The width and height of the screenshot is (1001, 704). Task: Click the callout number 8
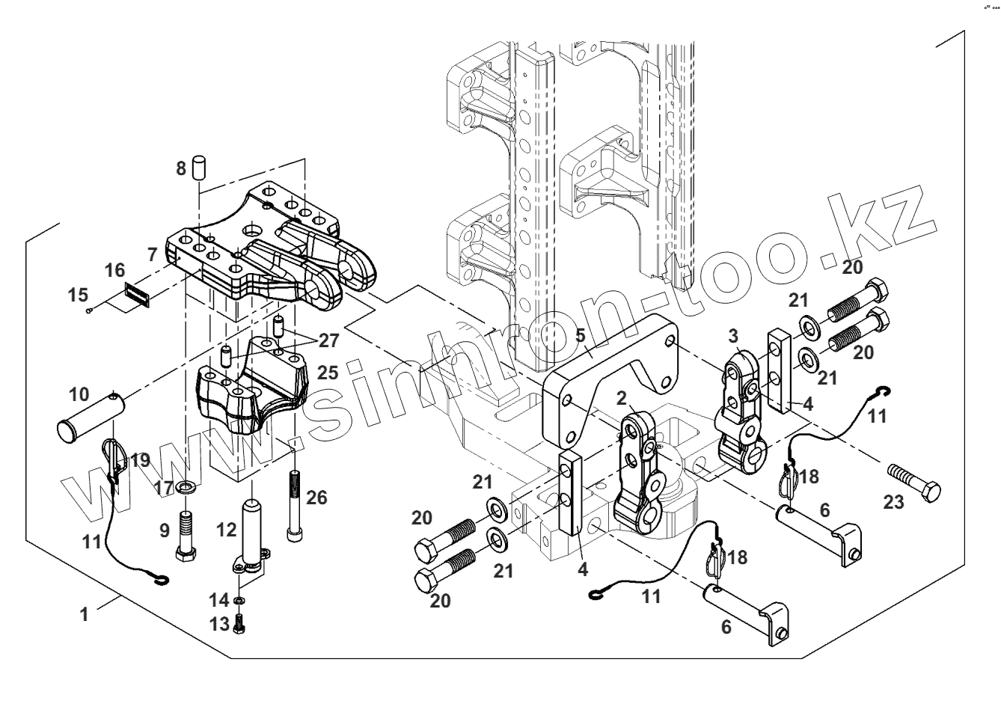tap(181, 168)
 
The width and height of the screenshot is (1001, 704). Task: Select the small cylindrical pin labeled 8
tap(199, 166)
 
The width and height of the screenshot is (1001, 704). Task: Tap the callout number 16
tap(114, 270)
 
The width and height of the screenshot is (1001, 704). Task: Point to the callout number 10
tap(79, 394)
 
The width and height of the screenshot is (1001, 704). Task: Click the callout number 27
tap(328, 340)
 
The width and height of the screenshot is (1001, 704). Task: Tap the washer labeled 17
tap(186, 489)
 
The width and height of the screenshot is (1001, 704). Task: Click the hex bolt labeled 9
tap(186, 535)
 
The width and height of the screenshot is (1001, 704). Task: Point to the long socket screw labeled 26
tap(294, 505)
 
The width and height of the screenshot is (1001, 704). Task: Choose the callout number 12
tap(225, 530)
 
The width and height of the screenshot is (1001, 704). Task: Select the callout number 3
tap(734, 334)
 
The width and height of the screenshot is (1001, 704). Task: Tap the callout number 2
tap(621, 396)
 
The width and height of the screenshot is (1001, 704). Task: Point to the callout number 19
tap(140, 460)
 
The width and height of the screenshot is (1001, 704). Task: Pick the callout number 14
tap(219, 599)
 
